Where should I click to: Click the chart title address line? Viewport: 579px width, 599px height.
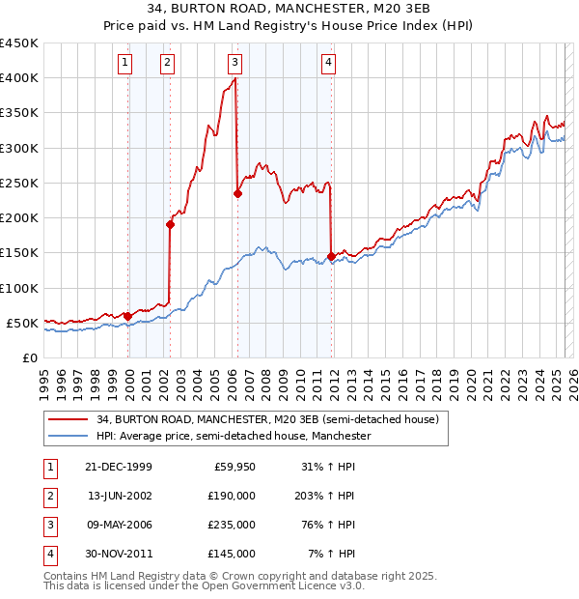click(289, 11)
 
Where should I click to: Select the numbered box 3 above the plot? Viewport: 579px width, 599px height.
click(234, 64)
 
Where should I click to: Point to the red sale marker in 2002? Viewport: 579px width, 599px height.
click(170, 224)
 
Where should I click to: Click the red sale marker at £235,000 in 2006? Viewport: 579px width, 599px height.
click(237, 193)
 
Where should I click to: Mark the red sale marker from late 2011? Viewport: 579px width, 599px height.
click(332, 256)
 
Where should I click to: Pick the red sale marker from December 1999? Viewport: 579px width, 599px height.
click(127, 315)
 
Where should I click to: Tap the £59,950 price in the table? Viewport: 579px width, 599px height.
click(234, 467)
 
